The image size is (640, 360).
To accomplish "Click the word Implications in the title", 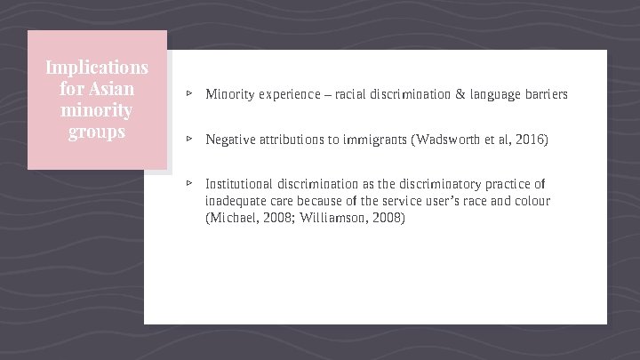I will click(x=97, y=68).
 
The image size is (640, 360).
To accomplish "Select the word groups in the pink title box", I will click(x=97, y=132).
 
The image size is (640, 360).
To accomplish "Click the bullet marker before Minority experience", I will click(x=189, y=92).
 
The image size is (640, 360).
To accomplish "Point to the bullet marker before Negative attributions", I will click(x=189, y=139).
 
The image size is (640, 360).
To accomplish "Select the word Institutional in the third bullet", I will click(x=239, y=184).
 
